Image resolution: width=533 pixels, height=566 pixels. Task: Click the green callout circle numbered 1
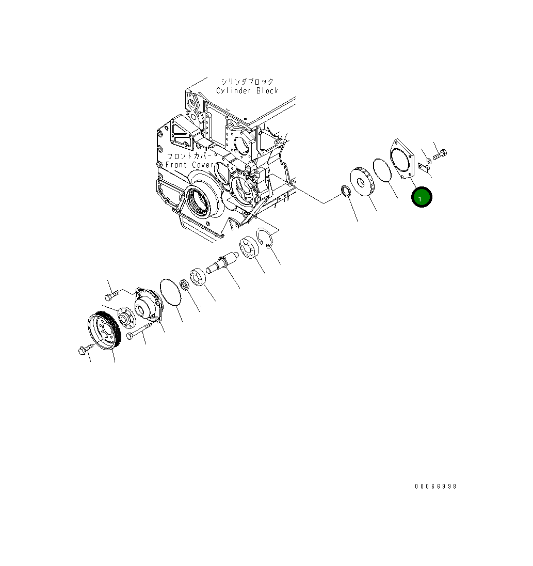click(x=422, y=198)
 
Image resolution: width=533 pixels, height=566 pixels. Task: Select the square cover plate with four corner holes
click(x=403, y=160)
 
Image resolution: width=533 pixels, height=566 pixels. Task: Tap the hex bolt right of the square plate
click(x=440, y=154)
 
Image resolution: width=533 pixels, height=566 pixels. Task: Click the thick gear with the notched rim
click(x=362, y=182)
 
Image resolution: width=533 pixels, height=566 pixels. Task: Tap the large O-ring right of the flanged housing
click(x=171, y=292)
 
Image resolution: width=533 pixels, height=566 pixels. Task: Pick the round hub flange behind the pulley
click(x=124, y=318)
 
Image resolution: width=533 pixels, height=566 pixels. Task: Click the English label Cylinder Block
click(x=247, y=91)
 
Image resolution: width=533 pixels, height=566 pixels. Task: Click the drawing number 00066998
click(x=435, y=486)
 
